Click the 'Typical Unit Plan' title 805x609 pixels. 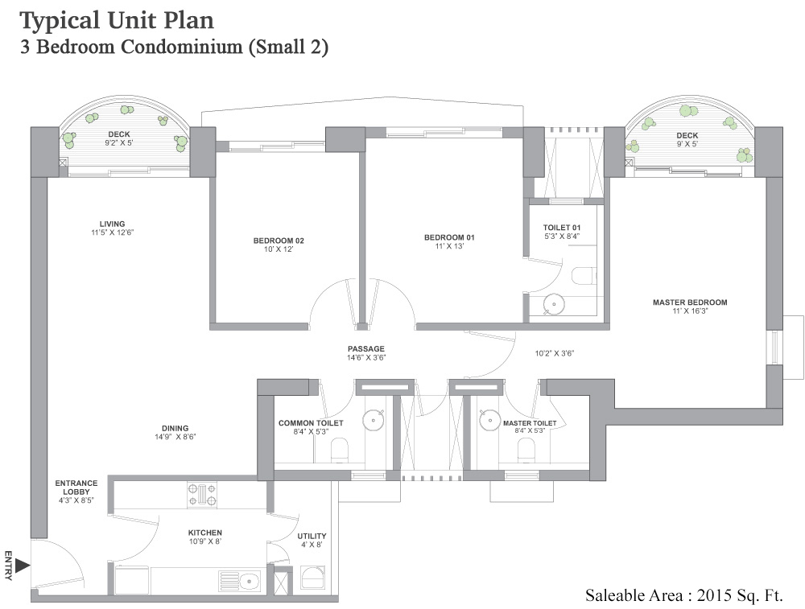[117, 19]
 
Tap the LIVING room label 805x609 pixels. [112, 224]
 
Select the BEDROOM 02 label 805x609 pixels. [279, 241]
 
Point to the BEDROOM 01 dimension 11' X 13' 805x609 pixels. [449, 246]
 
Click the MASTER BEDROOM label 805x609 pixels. [689, 302]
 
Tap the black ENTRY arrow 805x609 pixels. [23, 566]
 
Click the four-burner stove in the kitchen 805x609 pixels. [202, 493]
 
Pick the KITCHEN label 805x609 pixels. [204, 533]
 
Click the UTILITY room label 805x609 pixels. [312, 536]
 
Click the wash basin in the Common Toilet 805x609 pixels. [374, 419]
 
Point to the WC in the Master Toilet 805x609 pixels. [526, 450]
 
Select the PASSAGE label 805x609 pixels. [366, 348]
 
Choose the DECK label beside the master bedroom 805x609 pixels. [687, 135]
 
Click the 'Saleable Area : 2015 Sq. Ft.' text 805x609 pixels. [683, 595]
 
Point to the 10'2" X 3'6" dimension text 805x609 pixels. [555, 352]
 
